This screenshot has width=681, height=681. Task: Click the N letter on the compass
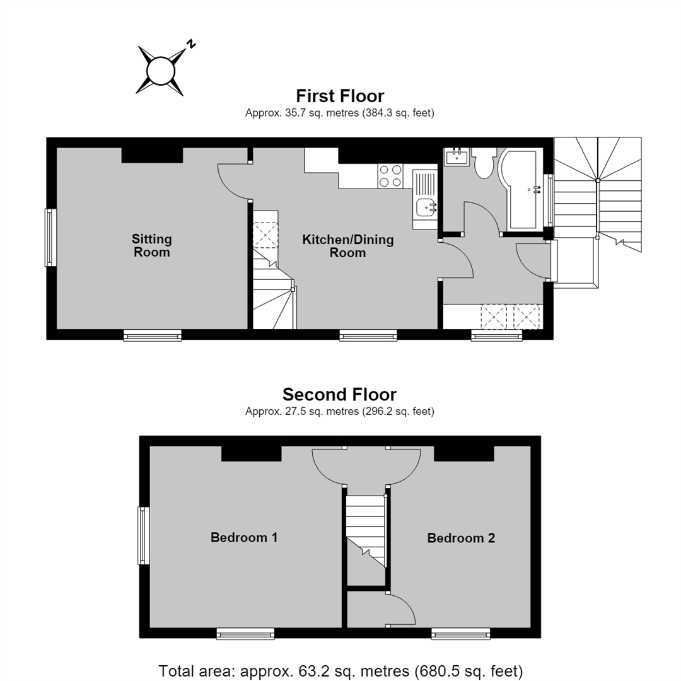(x=190, y=44)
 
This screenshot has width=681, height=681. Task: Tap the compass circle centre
(x=160, y=71)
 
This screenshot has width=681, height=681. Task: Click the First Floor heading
(x=340, y=96)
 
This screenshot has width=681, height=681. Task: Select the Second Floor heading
(x=340, y=394)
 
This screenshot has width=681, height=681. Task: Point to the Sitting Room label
(x=151, y=245)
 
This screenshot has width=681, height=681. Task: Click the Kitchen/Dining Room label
(x=348, y=246)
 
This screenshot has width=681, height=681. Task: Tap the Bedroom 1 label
(x=244, y=537)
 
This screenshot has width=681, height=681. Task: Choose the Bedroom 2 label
(x=461, y=538)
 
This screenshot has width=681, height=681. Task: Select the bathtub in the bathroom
(x=520, y=189)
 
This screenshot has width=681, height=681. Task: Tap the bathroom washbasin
(x=457, y=156)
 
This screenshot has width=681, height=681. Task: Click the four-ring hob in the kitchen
(x=390, y=176)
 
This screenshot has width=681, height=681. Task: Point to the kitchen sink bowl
(x=425, y=207)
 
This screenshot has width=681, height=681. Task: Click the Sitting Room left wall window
(x=51, y=237)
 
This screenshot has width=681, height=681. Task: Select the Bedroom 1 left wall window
(x=144, y=535)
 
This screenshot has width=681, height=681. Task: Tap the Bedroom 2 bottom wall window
(x=461, y=634)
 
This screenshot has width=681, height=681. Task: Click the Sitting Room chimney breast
(x=152, y=155)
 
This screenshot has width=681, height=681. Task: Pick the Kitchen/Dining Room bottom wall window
(x=368, y=335)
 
